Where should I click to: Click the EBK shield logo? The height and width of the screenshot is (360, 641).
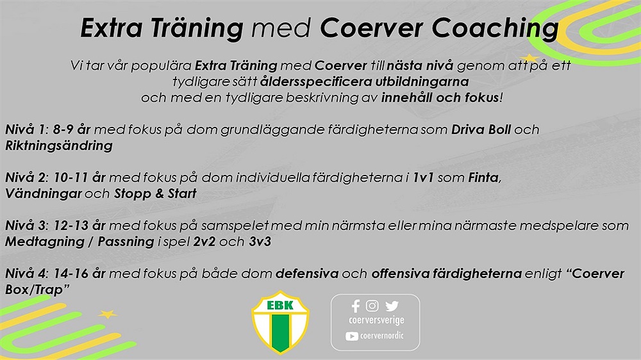[281, 322]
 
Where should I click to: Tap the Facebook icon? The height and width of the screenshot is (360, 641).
[356, 306]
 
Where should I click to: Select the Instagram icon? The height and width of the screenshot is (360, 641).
[372, 306]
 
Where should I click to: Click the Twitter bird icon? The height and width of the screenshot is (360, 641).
[392, 306]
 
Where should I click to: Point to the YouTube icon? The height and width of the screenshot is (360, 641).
[351, 336]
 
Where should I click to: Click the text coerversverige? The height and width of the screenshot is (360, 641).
[376, 320]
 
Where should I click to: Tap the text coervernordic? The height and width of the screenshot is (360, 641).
[382, 336]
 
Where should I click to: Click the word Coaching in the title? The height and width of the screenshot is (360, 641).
[495, 29]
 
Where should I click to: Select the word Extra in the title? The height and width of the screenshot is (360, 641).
[112, 28]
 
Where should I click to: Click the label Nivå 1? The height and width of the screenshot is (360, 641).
[26, 129]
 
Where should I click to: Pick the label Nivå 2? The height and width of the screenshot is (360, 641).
[26, 177]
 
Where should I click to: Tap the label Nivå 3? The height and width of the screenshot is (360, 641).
[26, 225]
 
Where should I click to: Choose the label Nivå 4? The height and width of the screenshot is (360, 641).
[26, 274]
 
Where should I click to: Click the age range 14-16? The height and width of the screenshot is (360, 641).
[71, 274]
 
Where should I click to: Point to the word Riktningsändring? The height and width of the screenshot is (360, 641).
[59, 146]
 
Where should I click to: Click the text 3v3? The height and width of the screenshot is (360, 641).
[260, 241]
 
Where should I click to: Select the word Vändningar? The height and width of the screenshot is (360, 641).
[44, 193]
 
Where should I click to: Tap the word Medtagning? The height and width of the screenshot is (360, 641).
[45, 242]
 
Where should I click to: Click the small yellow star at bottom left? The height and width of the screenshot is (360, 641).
[107, 315]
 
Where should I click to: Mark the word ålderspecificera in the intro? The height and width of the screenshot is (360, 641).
[316, 81]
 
